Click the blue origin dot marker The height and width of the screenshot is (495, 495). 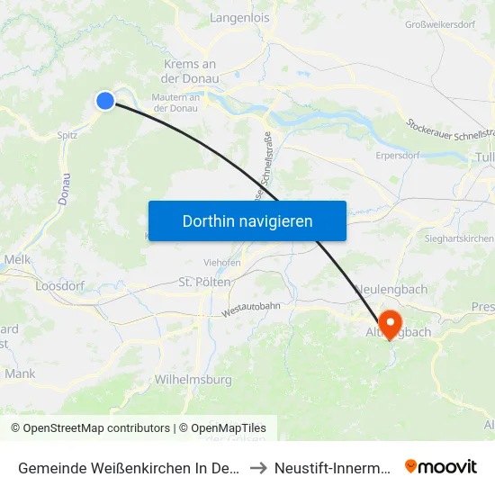pos(105,102)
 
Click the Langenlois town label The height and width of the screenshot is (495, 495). pos(238,17)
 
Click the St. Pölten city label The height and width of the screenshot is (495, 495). pos(206,282)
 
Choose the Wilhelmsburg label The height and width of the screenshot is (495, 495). pos(193,380)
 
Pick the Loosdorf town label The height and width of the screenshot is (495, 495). pos(59,286)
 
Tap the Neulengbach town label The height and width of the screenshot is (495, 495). pos(396,289)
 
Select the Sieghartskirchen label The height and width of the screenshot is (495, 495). pos(460,238)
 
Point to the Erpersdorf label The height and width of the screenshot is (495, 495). pos(400,155)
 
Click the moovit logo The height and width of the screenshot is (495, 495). pos(440,466)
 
